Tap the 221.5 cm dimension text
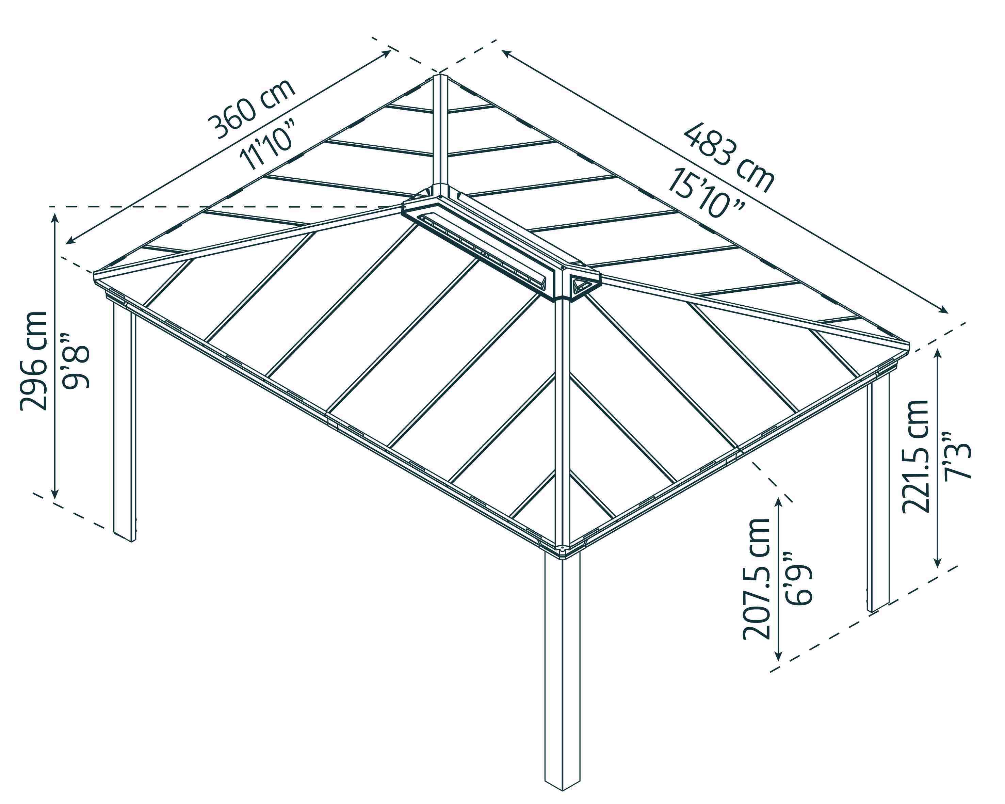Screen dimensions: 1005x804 pyautogui.click(x=916, y=456)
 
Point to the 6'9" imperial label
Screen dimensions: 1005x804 pyautogui.click(x=799, y=578)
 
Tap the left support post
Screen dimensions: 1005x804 pyautogui.click(x=125, y=422)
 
